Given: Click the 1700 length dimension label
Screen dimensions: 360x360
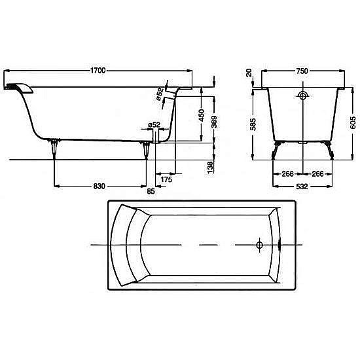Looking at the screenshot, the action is (98, 71).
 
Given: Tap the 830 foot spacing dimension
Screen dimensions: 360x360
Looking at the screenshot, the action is (99, 186).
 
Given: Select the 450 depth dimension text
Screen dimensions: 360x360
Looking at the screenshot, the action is (201, 115).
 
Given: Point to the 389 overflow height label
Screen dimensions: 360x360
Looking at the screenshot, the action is (214, 122).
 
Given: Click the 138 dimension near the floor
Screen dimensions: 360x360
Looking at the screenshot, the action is (210, 167).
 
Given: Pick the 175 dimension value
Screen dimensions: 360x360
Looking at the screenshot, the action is (166, 179).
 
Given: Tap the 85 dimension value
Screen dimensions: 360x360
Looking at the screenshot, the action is (151, 190).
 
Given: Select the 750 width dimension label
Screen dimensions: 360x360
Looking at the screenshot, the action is (302, 71).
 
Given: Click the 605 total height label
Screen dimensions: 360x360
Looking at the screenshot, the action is (353, 122).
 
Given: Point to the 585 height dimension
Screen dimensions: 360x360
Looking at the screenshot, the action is (253, 124).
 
